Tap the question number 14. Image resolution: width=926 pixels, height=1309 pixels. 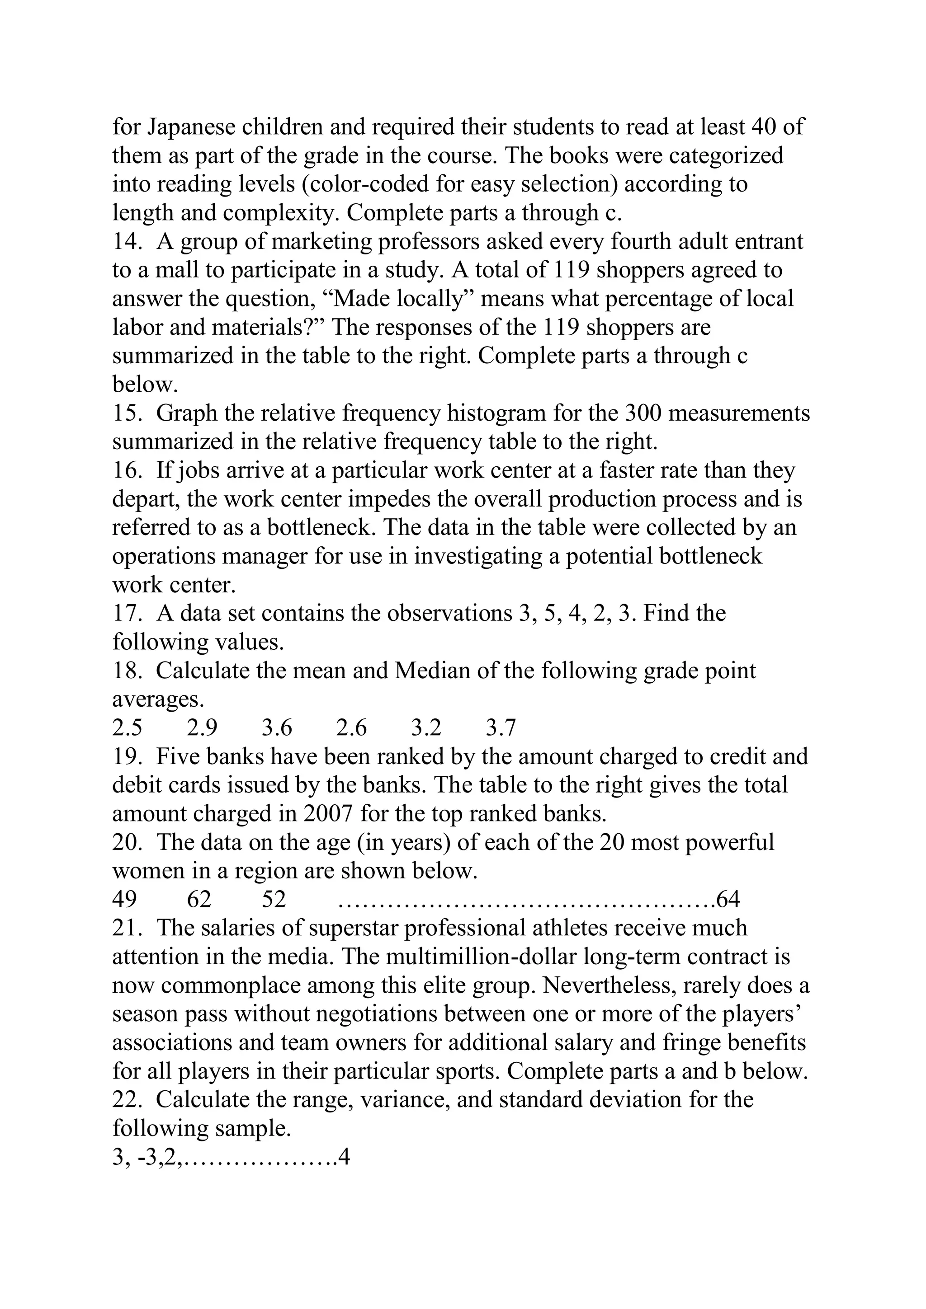point(127,241)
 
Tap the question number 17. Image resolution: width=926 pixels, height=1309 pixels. point(127,614)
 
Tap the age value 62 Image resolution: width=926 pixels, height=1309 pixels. point(199,900)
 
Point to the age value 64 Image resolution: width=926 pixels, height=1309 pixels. point(728,900)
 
